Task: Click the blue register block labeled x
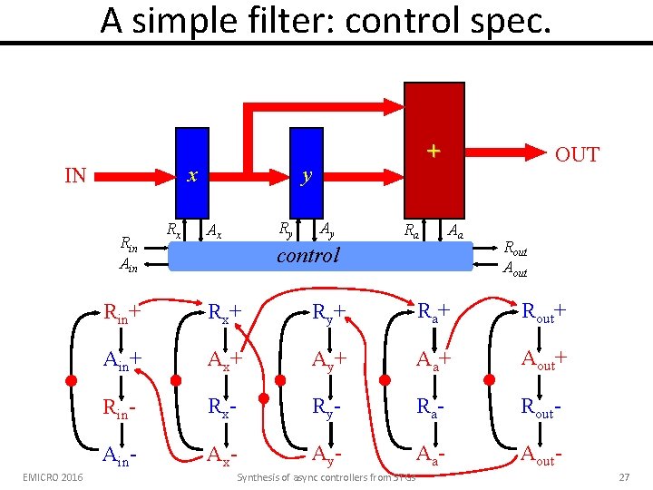[190, 173]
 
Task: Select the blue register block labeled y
[307, 173]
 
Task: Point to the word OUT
[577, 154]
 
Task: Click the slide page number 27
[623, 477]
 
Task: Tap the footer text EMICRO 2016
[53, 477]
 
